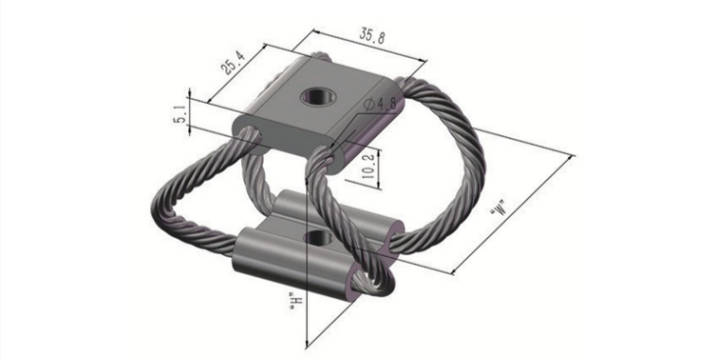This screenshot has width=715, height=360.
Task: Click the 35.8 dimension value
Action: tap(372, 35)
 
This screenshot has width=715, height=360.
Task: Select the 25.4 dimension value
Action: tap(233, 62)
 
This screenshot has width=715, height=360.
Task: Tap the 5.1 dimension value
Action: tap(180, 114)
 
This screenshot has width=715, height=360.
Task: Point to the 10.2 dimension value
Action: tap(369, 166)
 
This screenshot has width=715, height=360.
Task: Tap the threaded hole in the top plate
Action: tap(318, 96)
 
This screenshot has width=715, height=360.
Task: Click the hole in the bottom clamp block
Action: tap(319, 237)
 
